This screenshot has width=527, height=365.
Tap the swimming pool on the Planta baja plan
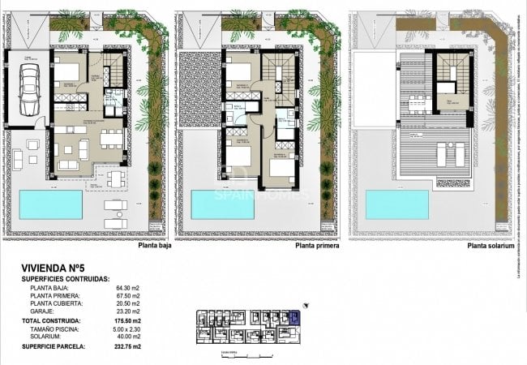click(50, 204)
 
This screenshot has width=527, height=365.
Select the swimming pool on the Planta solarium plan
click(396, 204)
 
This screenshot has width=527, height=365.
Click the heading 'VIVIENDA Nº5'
click(54, 266)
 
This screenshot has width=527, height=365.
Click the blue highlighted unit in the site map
click(294, 316)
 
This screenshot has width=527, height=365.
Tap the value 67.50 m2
click(126, 297)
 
